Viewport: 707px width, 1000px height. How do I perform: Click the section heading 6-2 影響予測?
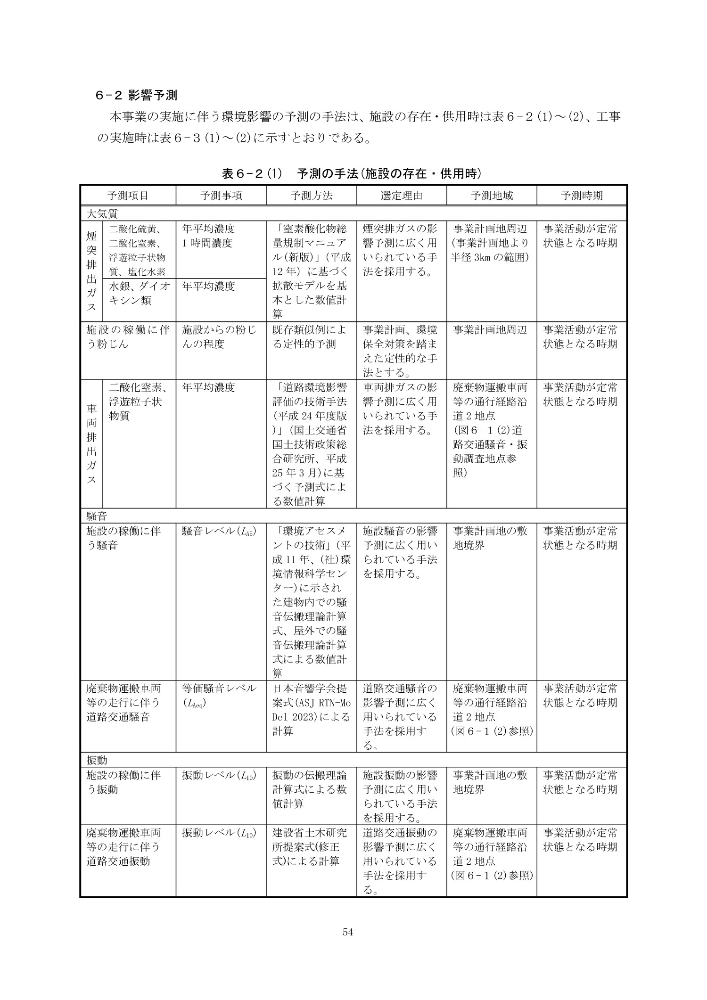click(136, 96)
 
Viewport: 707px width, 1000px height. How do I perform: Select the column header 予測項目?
click(128, 196)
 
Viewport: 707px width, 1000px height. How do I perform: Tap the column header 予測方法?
click(312, 196)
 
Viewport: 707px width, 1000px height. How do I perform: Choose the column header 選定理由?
click(402, 196)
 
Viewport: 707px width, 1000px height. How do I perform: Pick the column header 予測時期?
click(582, 196)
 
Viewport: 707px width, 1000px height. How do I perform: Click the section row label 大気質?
click(102, 213)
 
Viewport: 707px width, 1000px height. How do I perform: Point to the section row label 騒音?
click(97, 515)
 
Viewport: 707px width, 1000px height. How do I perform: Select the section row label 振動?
click(97, 760)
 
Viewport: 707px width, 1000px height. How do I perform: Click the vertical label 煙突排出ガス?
click(91, 271)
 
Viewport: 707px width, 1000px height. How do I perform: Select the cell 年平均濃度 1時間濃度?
click(208, 236)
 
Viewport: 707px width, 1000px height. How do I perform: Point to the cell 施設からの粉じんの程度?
click(219, 336)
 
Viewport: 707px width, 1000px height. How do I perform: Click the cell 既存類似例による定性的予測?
click(310, 336)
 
